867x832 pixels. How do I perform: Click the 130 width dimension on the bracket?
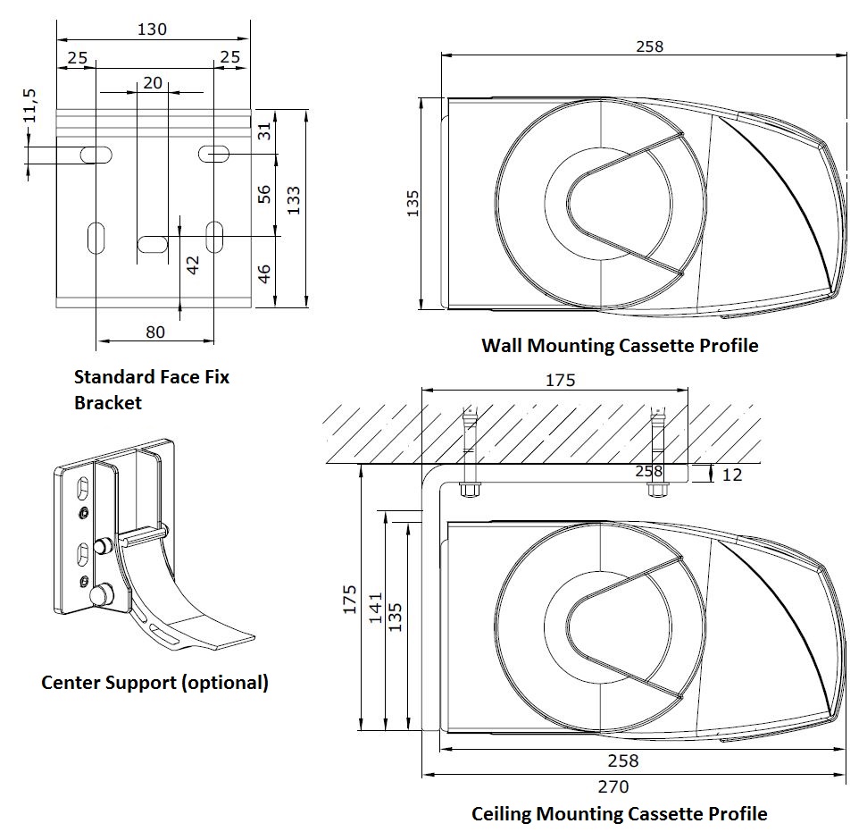pyautogui.click(x=152, y=29)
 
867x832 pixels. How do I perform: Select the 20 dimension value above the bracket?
pyautogui.click(x=153, y=82)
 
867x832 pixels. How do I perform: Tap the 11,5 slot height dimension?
pyautogui.click(x=30, y=106)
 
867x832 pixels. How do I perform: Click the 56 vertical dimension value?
pyautogui.click(x=264, y=194)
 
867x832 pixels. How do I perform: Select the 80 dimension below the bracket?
pyautogui.click(x=154, y=332)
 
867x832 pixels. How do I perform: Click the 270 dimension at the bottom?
pyautogui.click(x=613, y=786)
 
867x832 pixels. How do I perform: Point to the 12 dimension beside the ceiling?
pyautogui.click(x=731, y=475)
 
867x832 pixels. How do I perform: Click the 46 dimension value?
pyautogui.click(x=264, y=273)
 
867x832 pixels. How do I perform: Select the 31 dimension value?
pyautogui.click(x=264, y=131)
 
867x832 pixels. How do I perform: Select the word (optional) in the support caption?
pyautogui.click(x=224, y=683)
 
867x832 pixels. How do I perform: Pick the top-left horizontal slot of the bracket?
pyautogui.click(x=96, y=155)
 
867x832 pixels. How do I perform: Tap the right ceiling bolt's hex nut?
pyautogui.click(x=659, y=490)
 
